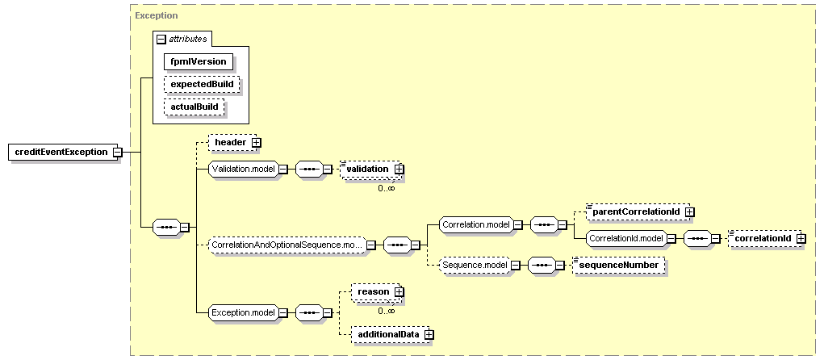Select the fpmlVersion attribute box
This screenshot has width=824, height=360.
pos(197,61)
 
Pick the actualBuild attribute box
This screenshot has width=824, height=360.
pos(194,107)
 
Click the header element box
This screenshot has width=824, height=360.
pos(229,143)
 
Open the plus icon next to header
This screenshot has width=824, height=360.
pos(257,143)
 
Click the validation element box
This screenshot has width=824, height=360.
pos(367,169)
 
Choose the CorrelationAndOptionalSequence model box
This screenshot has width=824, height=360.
pos(287,244)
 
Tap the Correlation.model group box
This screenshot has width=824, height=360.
pos(475,224)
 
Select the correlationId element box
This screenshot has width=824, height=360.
pos(761,238)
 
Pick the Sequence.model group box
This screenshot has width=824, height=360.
pos(475,265)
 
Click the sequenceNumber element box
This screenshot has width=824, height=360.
pos(617,265)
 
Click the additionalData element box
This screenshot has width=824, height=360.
pos(388,334)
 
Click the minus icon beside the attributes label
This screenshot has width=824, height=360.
pos(161,38)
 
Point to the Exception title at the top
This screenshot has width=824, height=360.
pos(157,15)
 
